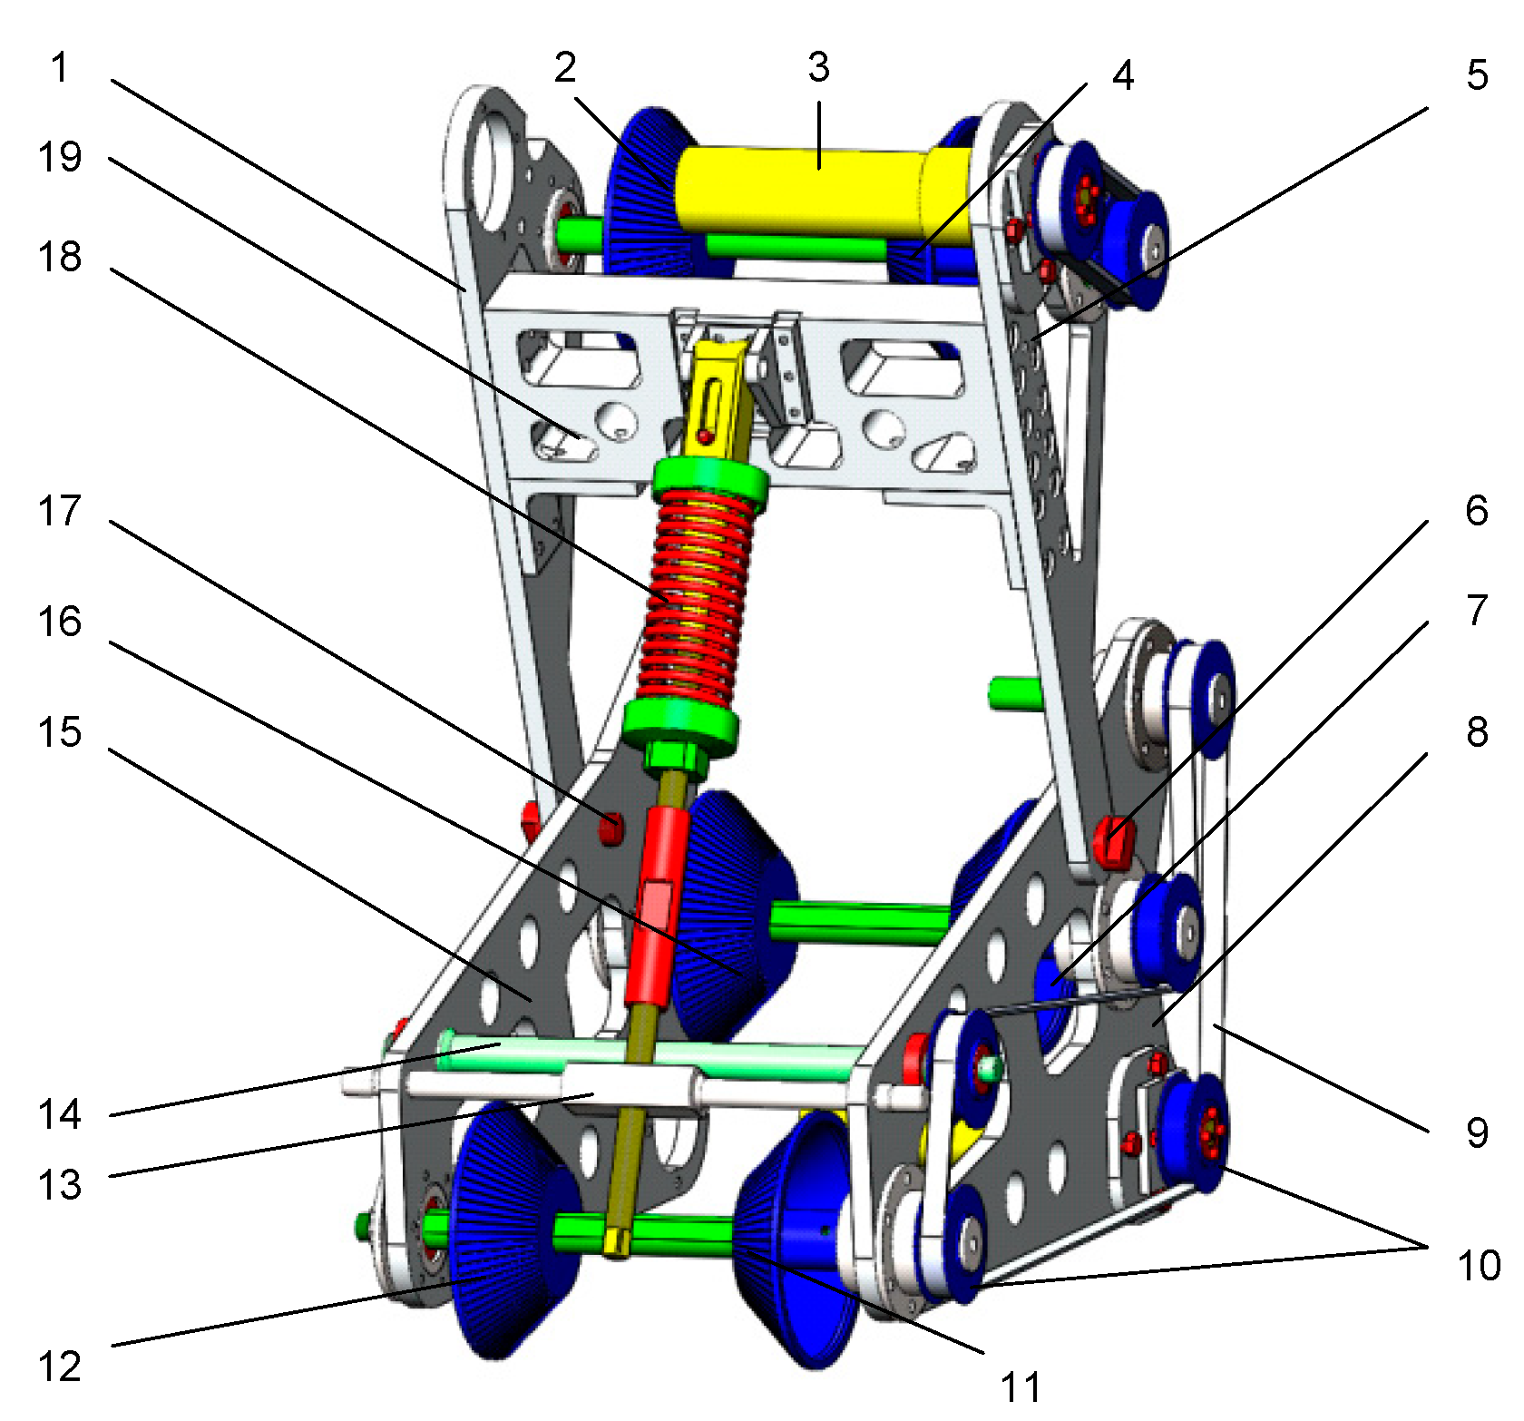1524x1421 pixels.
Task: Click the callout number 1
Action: (x=59, y=68)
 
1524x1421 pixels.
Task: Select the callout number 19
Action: (x=60, y=158)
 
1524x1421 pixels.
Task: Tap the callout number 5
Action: (x=1477, y=75)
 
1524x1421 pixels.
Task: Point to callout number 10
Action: (x=1479, y=1265)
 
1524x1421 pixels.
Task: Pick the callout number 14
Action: (x=60, y=1114)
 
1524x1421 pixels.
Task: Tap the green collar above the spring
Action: (x=710, y=476)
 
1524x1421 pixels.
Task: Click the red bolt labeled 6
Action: (x=1114, y=840)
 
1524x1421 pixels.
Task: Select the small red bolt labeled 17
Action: (x=611, y=828)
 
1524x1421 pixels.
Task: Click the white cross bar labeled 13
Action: (x=626, y=1086)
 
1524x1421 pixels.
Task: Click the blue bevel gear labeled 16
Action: (x=735, y=916)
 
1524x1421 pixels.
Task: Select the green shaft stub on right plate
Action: (x=1014, y=693)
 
